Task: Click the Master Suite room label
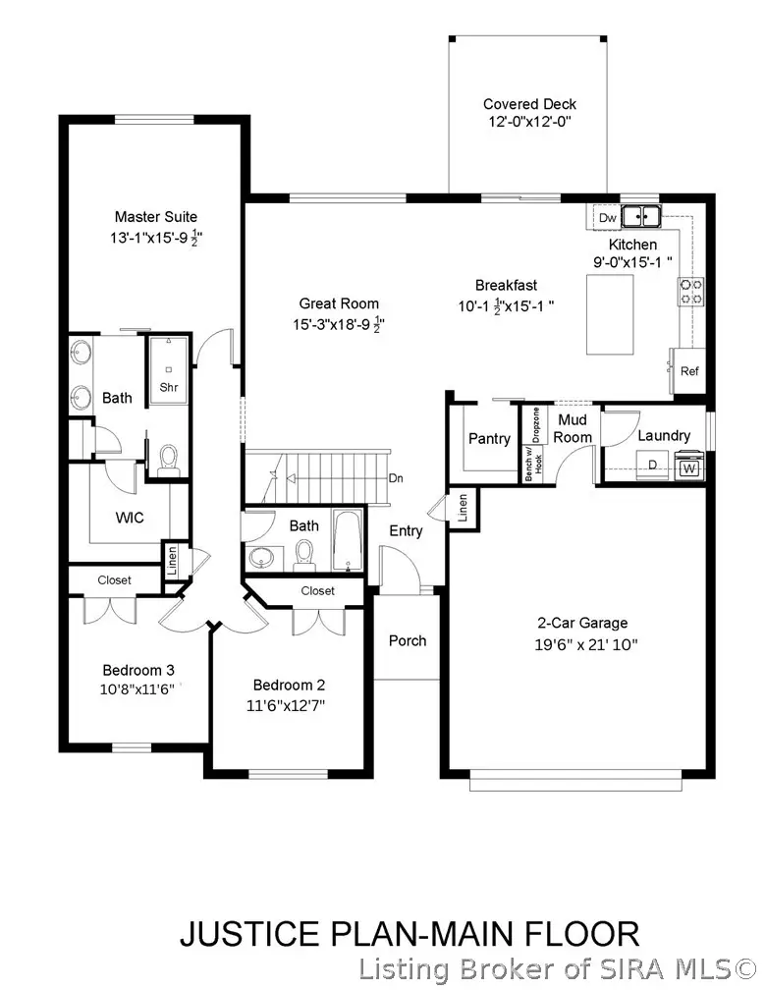click(x=155, y=217)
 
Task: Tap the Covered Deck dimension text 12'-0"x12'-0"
click(x=528, y=123)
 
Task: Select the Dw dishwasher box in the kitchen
click(x=607, y=217)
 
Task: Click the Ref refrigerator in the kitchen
click(x=689, y=371)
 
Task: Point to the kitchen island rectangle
click(x=609, y=314)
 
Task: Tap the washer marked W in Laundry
click(x=689, y=469)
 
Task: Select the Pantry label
click(x=488, y=439)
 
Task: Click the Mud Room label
click(x=574, y=428)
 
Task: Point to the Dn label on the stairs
click(x=395, y=479)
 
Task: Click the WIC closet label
click(x=130, y=518)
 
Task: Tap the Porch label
click(x=408, y=640)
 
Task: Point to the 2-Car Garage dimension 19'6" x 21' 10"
click(x=580, y=645)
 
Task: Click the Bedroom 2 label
click(x=289, y=686)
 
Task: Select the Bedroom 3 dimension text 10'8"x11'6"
click(x=137, y=689)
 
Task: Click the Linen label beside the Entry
click(x=464, y=507)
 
